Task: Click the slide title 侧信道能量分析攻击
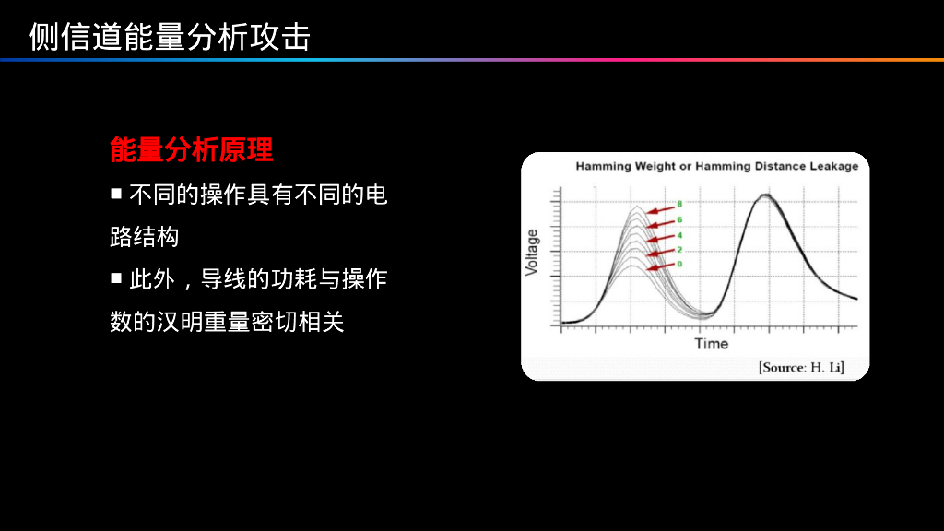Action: [x=170, y=36]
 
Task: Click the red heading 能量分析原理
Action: [x=191, y=149]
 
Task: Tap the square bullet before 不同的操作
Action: [x=116, y=194]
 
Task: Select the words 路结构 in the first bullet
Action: [x=145, y=237]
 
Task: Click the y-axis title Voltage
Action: [x=532, y=252]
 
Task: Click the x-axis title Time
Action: [x=711, y=344]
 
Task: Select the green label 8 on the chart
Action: [x=679, y=204]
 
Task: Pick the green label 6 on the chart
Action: [x=679, y=219]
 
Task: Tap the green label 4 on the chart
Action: [x=679, y=235]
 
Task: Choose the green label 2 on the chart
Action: [x=679, y=250]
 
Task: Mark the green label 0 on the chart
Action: [x=679, y=265]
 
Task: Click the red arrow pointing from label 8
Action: [x=660, y=208]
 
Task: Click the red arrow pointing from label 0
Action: [x=660, y=267]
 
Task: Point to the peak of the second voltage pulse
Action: [x=764, y=196]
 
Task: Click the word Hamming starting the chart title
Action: [x=604, y=167]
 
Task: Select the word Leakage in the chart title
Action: [x=832, y=167]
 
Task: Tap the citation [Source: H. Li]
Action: [x=801, y=368]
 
